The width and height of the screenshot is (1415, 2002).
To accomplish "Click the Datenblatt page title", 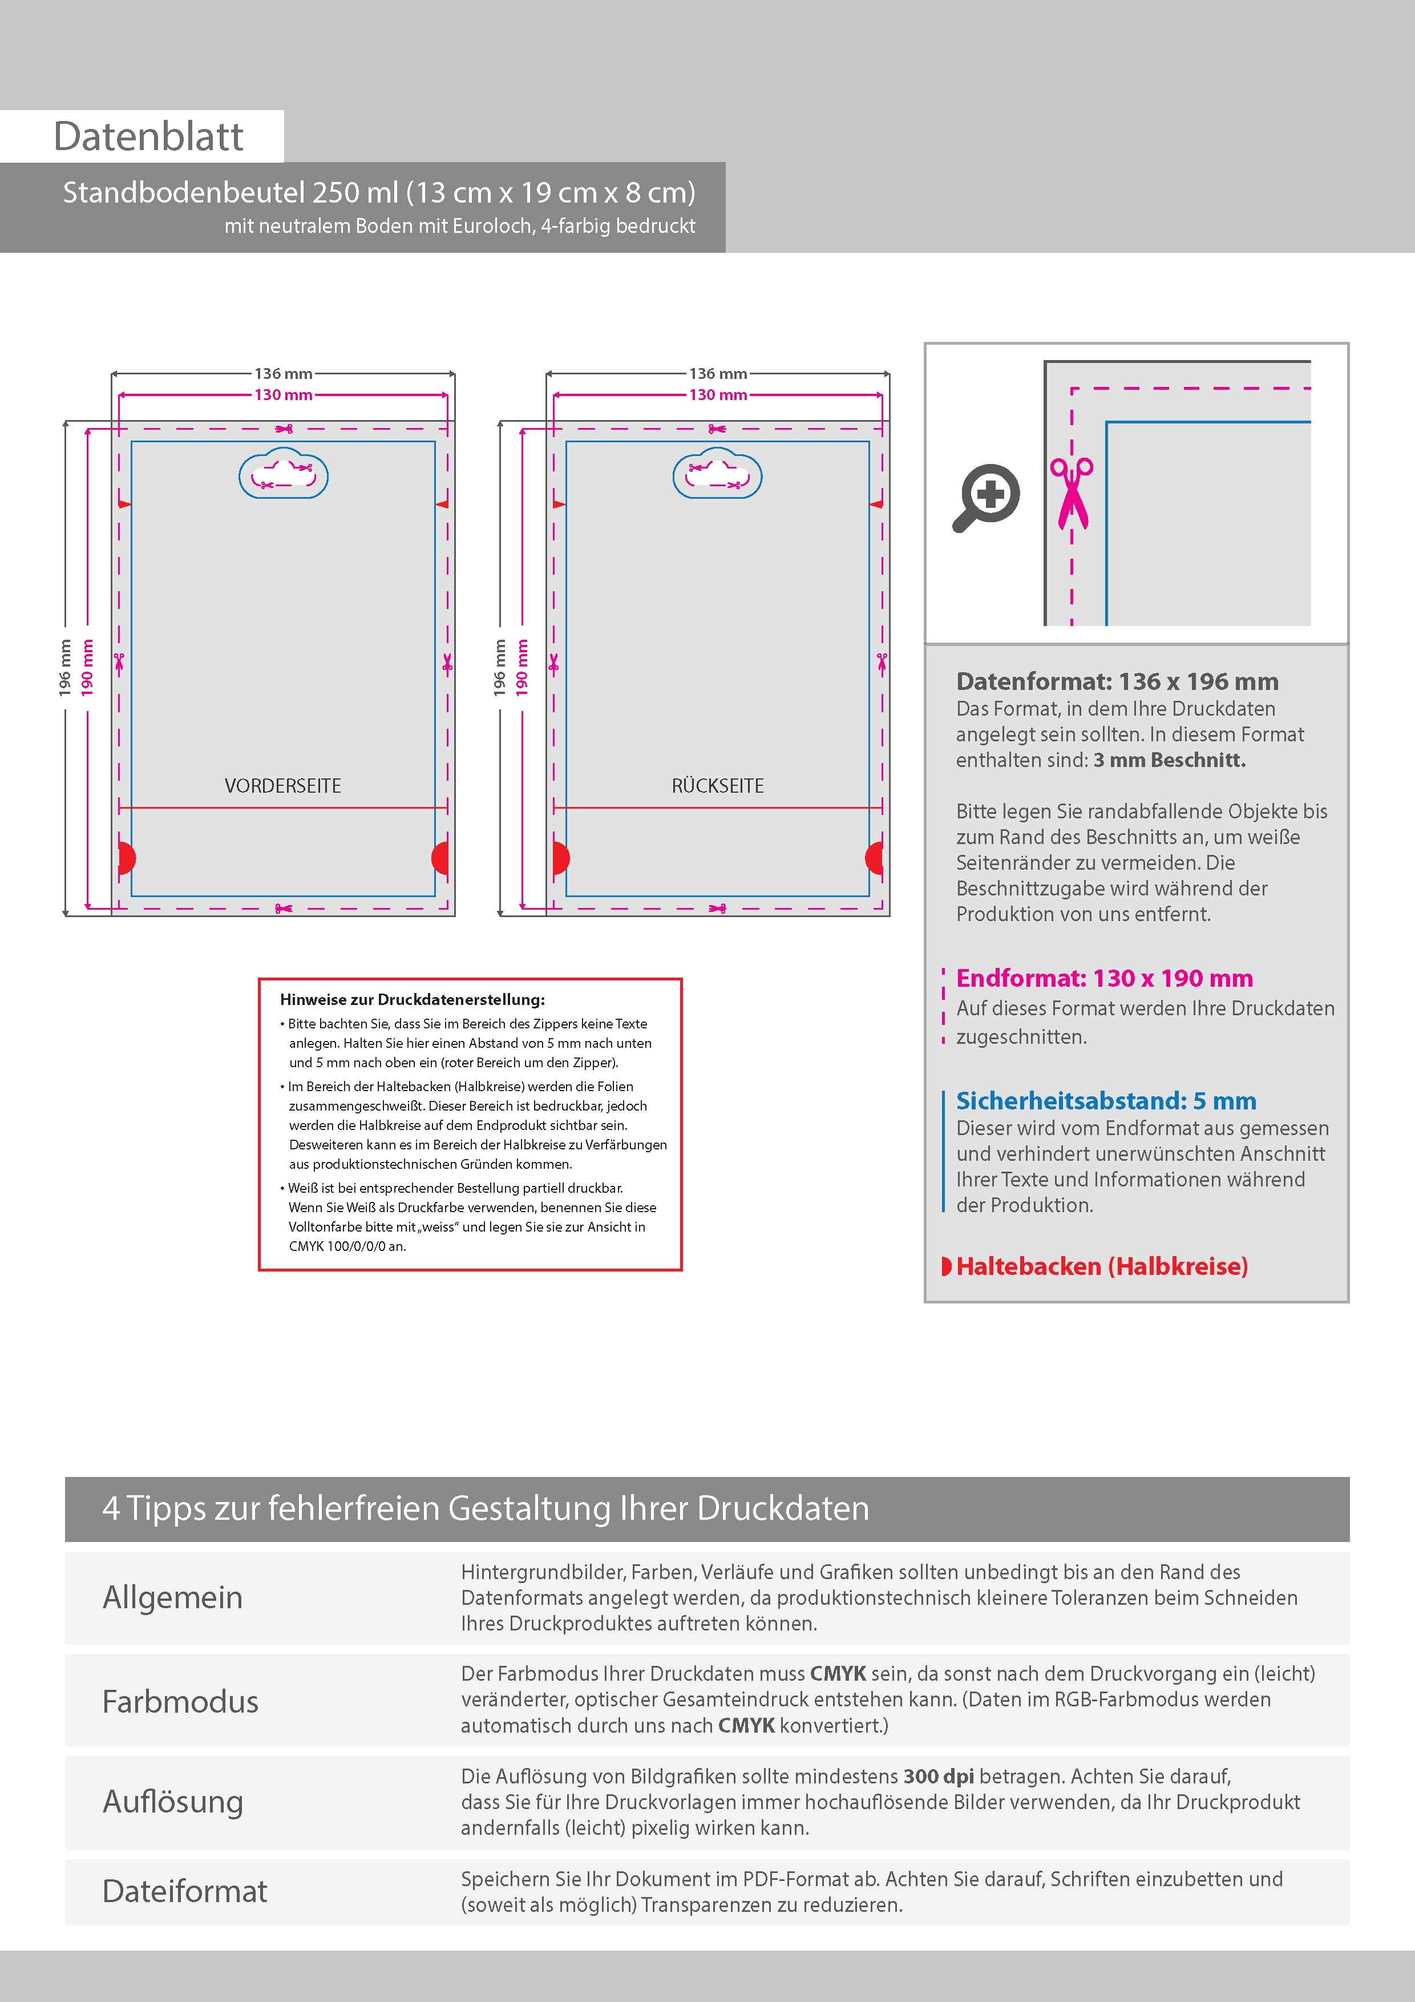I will pyautogui.click(x=148, y=137).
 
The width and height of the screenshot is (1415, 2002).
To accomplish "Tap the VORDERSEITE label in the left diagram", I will pyautogui.click(x=282, y=786).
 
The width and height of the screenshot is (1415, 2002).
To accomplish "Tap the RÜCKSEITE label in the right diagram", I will pyautogui.click(x=718, y=786).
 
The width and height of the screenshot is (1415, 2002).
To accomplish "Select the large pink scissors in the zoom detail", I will pyautogui.click(x=1072, y=493).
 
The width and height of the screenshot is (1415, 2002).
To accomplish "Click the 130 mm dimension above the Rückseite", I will pyautogui.click(x=718, y=395).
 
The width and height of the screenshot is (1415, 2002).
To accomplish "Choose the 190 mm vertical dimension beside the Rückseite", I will pyautogui.click(x=521, y=668).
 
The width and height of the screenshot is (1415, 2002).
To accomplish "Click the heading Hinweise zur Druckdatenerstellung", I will pyautogui.click(x=413, y=1000).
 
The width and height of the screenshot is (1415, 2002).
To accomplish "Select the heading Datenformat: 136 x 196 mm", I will pyautogui.click(x=1117, y=682).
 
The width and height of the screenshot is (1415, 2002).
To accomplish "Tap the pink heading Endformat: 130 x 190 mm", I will pyautogui.click(x=1103, y=978).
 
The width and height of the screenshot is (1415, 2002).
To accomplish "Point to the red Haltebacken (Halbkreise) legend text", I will pyautogui.click(x=1101, y=1266).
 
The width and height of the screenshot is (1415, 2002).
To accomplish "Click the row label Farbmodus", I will pyautogui.click(x=180, y=1701).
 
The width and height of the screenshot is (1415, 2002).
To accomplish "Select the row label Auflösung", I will pyautogui.click(x=173, y=1802).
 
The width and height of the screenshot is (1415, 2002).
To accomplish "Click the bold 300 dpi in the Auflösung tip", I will pyautogui.click(x=938, y=1776).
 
